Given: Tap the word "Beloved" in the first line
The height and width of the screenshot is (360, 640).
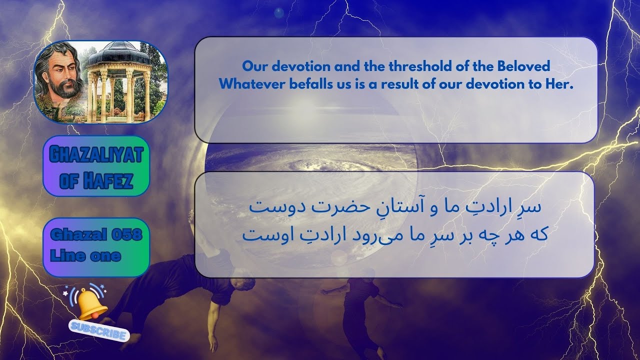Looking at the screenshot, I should point(522,66).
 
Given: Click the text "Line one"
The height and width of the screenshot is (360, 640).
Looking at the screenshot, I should point(85,256).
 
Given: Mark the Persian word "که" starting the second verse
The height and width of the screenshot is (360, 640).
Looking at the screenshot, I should point(537,234).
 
